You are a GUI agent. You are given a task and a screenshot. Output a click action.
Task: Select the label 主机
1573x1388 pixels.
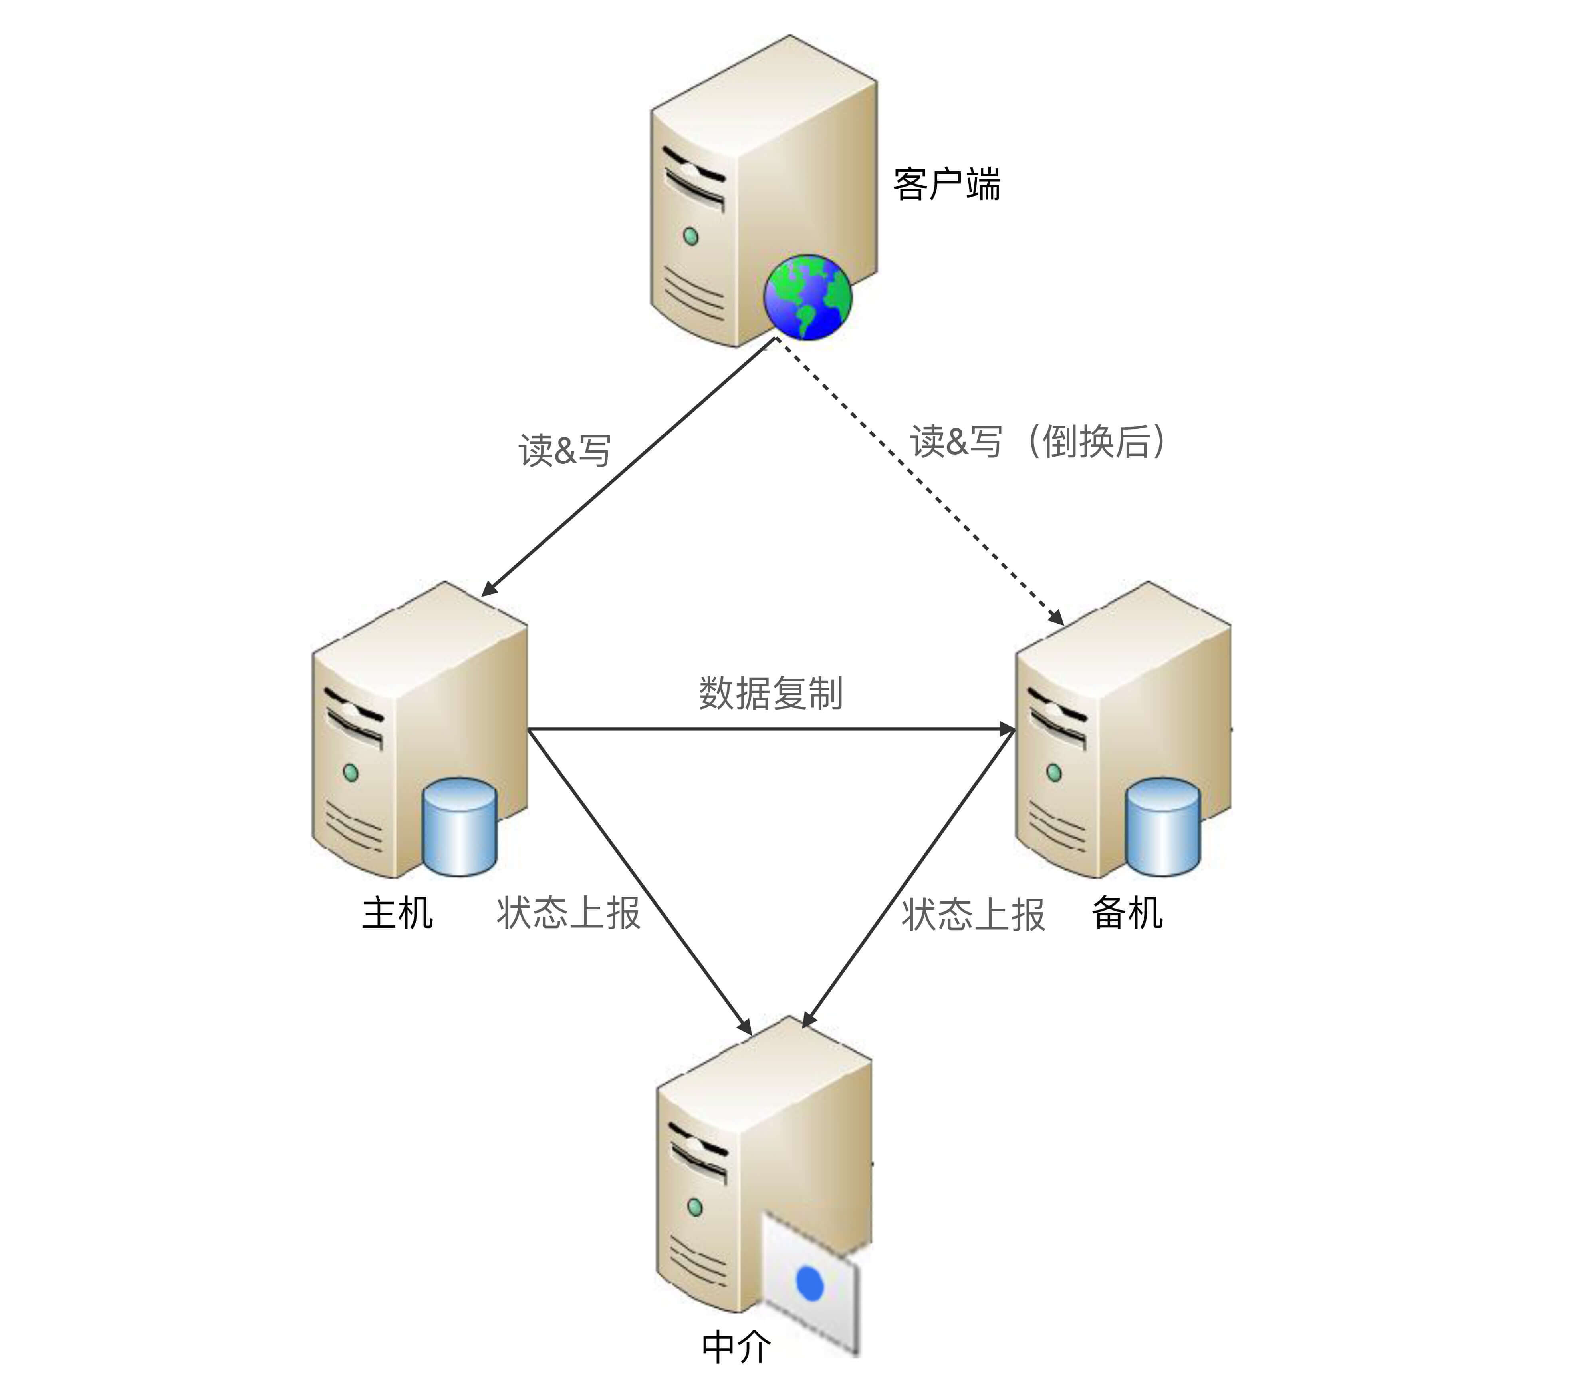pos(397,913)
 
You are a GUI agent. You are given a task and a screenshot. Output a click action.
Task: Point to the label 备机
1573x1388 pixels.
pos(1127,913)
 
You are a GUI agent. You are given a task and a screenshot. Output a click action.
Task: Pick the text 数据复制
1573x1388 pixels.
pos(770,693)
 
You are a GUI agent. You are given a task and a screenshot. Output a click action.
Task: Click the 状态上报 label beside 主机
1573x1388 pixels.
pos(568,913)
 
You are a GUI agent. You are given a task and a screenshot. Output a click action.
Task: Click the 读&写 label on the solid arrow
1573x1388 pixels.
pos(564,450)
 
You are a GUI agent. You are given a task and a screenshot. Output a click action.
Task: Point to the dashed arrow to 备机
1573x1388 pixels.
pos(924,485)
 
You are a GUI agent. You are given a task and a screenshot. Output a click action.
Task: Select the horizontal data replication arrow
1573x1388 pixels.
pos(770,728)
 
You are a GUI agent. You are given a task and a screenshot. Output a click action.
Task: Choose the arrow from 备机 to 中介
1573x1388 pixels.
pos(908,878)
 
